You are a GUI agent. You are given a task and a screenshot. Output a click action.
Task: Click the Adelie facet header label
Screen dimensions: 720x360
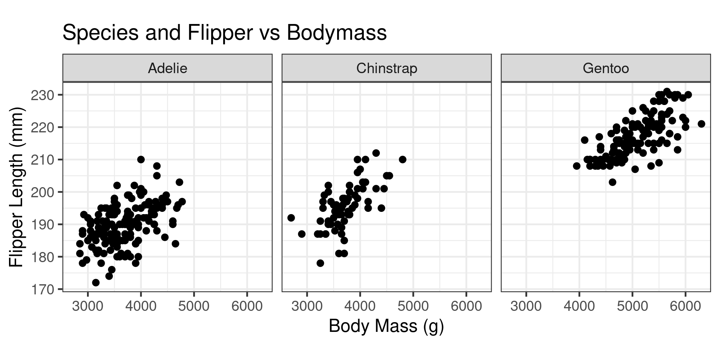pyautogui.click(x=168, y=68)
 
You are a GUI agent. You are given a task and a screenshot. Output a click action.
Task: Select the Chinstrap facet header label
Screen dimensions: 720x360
pyautogui.click(x=387, y=68)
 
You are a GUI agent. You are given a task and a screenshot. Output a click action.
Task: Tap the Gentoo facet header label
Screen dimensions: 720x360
pyautogui.click(x=606, y=68)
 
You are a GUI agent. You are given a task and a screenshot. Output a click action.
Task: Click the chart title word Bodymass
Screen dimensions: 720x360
pyautogui.click(x=337, y=33)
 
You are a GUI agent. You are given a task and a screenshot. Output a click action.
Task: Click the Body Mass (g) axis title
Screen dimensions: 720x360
pyautogui.click(x=386, y=326)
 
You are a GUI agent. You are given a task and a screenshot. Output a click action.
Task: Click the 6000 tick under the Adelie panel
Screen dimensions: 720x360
pyautogui.click(x=247, y=306)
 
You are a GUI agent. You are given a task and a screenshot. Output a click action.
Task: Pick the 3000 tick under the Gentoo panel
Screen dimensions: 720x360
pyautogui.click(x=526, y=306)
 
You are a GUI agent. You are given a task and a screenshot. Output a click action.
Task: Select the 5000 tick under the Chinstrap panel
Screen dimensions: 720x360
pyautogui.click(x=413, y=306)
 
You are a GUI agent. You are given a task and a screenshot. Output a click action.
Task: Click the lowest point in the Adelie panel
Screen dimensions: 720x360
pyautogui.click(x=96, y=282)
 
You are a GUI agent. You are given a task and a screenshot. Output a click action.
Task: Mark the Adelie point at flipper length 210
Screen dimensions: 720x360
pyautogui.click(x=141, y=159)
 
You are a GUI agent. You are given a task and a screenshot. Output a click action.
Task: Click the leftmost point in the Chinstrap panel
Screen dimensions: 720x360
pyautogui.click(x=291, y=218)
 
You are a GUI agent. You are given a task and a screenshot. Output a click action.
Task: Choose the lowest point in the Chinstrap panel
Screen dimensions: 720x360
pyautogui.click(x=320, y=263)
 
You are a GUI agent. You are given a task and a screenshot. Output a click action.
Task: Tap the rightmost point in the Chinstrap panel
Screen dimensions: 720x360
pyautogui.click(x=402, y=159)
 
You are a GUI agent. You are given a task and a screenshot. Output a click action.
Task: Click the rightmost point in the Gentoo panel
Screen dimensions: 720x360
pyautogui.click(x=701, y=124)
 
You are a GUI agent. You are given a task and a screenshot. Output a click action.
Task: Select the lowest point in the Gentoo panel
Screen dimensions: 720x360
pyautogui.click(x=612, y=182)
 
